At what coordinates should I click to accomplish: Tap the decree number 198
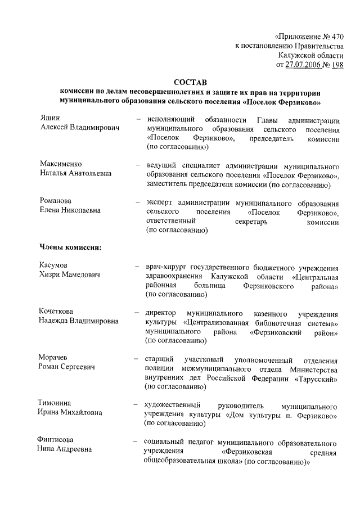tap(337, 65)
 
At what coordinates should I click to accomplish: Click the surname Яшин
tap(49, 118)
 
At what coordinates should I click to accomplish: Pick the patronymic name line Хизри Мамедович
tap(70, 275)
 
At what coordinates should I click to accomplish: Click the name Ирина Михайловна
tap(70, 413)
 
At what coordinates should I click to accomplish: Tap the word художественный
tap(174, 406)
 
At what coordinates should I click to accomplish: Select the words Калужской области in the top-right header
tap(310, 55)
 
